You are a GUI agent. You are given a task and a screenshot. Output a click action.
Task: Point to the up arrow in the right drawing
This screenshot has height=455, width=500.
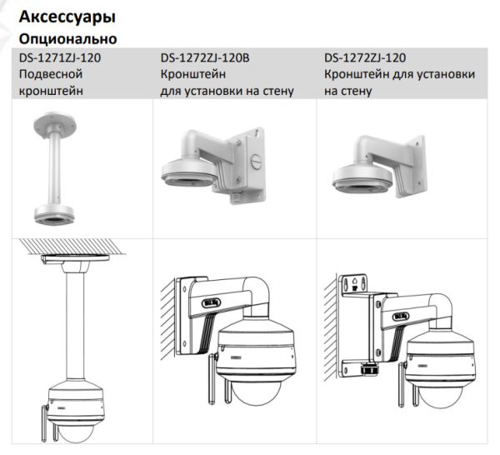tap(357, 282)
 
